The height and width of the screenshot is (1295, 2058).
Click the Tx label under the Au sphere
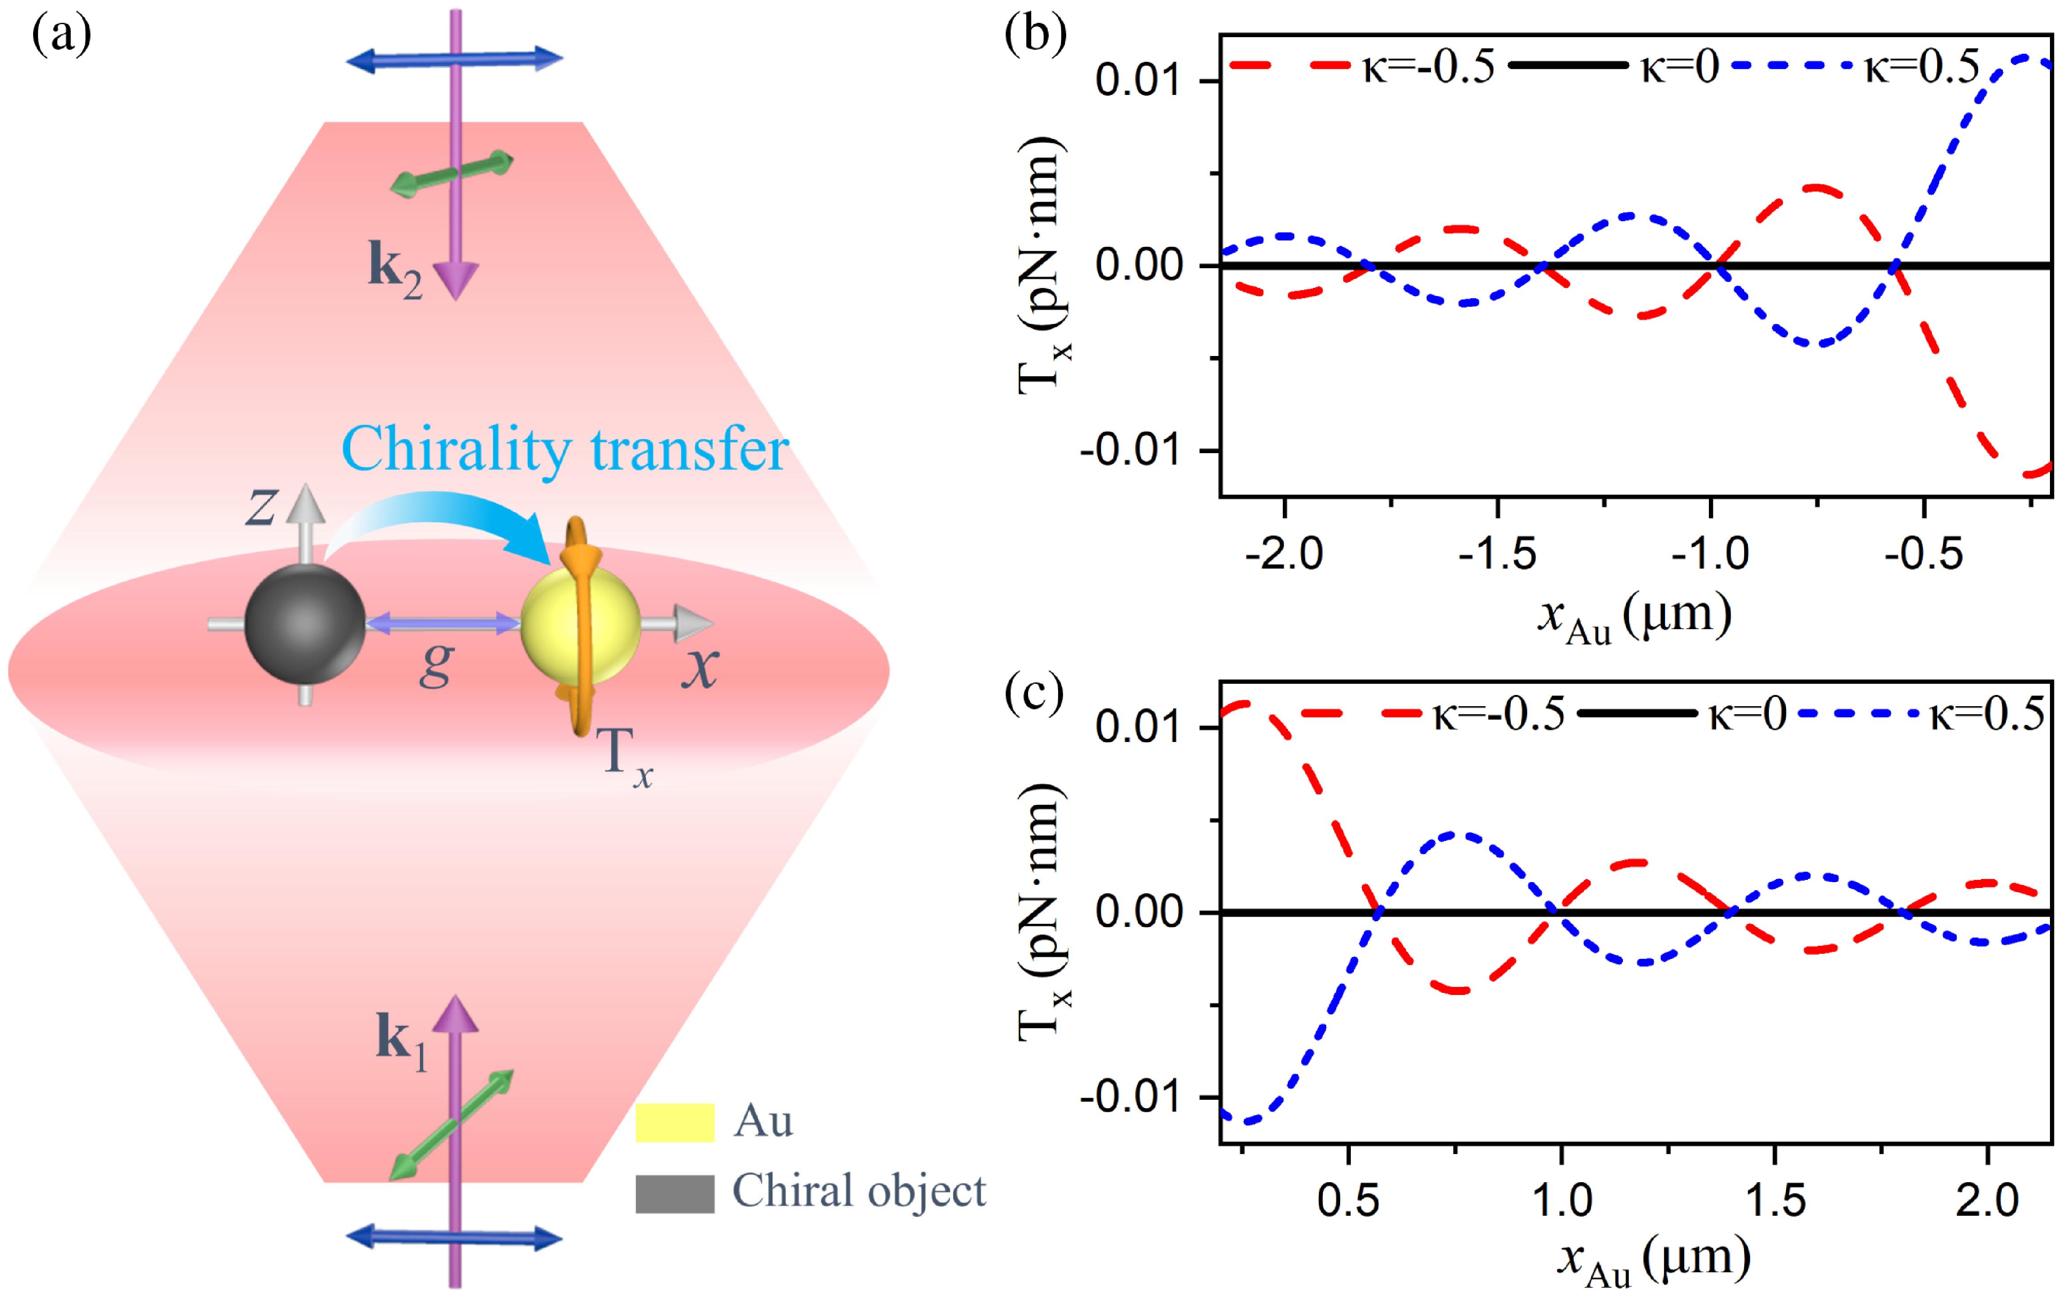click(627, 756)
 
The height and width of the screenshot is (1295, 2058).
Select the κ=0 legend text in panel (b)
click(1679, 67)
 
